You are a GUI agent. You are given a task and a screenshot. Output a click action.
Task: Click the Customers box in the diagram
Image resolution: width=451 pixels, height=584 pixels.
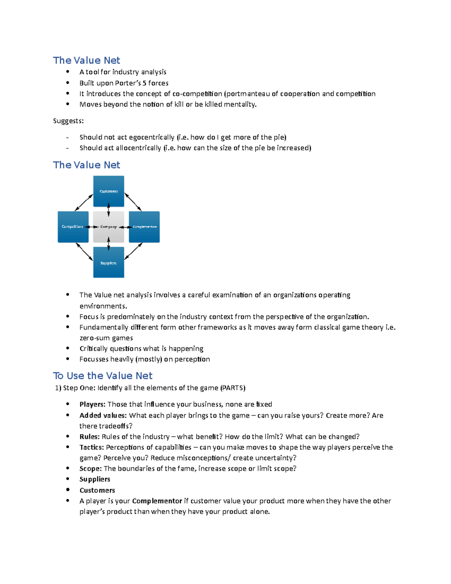109,191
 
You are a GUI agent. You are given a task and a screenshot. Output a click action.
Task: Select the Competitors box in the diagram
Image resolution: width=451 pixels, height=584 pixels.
73,227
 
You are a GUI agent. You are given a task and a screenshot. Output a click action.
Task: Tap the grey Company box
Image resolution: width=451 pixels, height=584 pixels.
109,227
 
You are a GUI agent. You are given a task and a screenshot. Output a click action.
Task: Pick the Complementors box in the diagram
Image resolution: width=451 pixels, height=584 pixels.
144,227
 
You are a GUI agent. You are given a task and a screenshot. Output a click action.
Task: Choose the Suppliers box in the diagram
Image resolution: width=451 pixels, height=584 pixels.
109,262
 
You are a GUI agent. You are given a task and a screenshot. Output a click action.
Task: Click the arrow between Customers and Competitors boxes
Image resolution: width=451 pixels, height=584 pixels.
84,202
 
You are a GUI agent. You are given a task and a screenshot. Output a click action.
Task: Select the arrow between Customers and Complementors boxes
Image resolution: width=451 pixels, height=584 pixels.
133,202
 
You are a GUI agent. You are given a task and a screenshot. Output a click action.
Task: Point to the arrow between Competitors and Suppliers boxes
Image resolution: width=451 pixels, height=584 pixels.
84,252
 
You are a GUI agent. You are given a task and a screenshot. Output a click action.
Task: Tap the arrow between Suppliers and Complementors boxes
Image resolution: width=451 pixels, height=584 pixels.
133,251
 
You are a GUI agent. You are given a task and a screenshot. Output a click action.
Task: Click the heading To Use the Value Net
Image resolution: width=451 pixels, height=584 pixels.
103,376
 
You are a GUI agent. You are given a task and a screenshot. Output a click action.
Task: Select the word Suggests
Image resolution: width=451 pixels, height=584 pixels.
68,121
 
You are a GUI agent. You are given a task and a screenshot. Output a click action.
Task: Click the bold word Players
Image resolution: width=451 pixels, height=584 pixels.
92,404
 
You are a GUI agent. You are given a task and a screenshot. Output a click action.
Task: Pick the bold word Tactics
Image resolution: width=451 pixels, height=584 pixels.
92,447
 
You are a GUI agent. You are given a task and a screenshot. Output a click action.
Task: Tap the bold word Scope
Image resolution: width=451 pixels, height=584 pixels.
91,469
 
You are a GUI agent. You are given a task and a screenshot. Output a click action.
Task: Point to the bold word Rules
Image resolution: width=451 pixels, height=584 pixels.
89,437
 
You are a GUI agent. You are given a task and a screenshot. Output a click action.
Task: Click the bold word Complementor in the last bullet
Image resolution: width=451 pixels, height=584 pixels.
157,501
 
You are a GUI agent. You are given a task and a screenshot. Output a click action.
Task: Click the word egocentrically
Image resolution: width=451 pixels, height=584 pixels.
151,137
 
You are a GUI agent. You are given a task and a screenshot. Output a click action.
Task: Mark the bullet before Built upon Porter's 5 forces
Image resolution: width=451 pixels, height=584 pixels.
68,83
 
